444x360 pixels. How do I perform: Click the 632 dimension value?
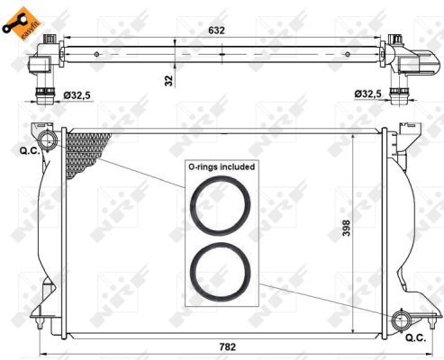click(216, 31)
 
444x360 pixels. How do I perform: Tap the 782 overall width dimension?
click(227, 347)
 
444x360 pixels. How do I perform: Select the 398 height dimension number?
click(346, 228)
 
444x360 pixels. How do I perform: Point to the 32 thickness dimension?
click(169, 81)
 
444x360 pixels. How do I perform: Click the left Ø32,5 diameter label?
click(77, 95)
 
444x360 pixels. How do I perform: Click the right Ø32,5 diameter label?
click(367, 94)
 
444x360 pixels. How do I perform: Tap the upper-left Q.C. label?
click(30, 151)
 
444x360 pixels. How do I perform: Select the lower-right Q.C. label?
click(415, 338)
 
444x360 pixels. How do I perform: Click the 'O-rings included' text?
click(222, 166)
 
